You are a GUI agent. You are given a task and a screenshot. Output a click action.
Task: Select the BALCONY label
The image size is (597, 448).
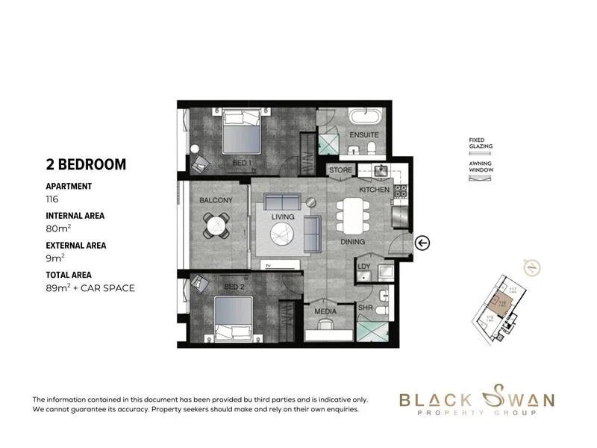coord(216,200)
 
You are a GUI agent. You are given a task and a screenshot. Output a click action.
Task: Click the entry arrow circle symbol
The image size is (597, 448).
coord(422,242)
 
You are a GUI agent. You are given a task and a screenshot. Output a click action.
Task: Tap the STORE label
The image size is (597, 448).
coord(340,170)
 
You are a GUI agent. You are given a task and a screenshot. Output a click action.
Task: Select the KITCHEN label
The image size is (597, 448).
coord(374,190)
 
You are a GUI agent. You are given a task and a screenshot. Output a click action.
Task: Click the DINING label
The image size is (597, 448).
coord(352,242)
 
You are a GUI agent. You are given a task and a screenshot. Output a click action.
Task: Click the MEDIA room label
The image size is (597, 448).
coord(325,311)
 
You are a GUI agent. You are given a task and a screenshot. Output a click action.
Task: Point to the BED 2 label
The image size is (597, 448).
coord(234,287)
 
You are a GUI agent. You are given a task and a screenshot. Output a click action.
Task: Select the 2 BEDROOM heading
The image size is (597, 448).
coord(86,164)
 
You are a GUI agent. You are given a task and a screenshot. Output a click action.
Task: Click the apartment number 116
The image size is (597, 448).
coord(52,200)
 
